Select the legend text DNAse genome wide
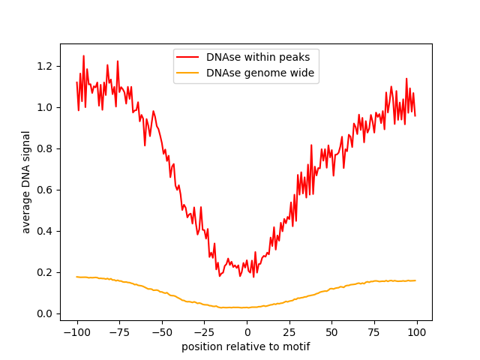click(260, 73)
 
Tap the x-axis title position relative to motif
click(246, 346)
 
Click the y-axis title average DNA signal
click(26, 182)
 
